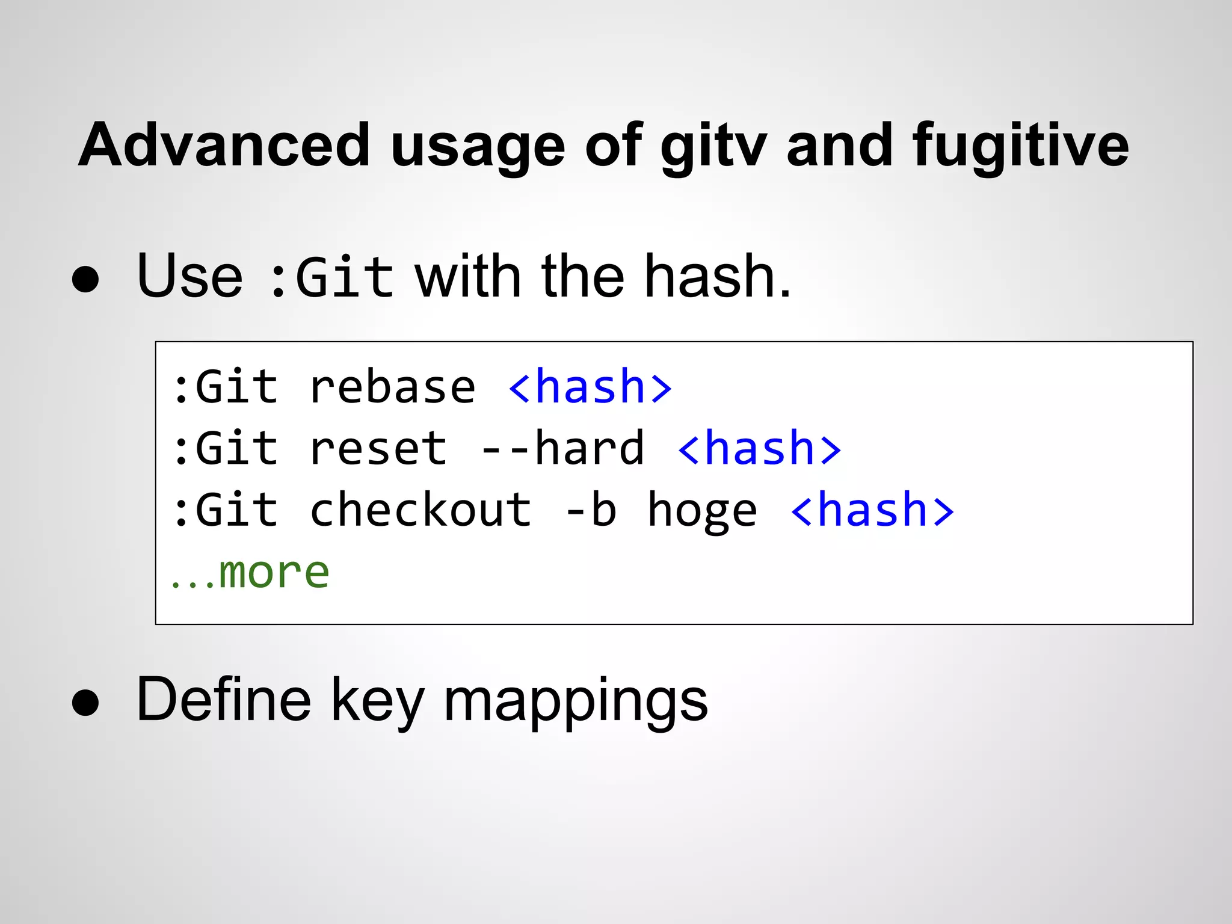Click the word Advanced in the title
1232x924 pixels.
pos(223,145)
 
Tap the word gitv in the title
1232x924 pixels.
pos(713,146)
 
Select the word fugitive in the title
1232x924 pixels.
pos(1020,146)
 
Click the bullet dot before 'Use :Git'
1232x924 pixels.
pos(85,279)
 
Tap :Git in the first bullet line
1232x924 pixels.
pos(331,277)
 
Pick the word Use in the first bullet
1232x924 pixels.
pos(189,276)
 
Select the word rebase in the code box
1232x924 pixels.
pos(392,387)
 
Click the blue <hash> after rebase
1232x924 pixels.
pos(590,387)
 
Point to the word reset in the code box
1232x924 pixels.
pos(378,449)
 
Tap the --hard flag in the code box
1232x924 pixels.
pos(562,449)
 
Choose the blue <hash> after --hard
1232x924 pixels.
pos(759,449)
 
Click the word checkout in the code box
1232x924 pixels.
pos(420,510)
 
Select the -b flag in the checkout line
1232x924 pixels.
pos(591,510)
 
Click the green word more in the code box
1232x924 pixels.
pos(274,572)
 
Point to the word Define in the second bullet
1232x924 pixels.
pos(223,700)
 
